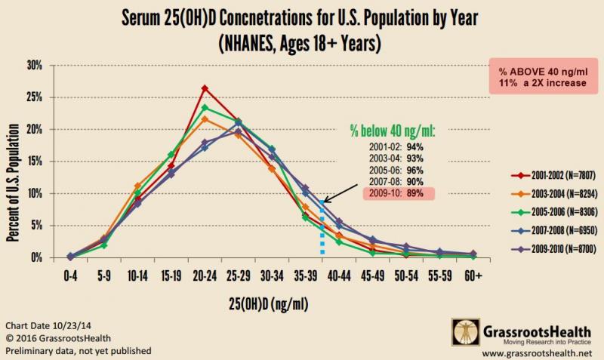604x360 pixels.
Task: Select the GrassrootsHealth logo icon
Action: coord(466,331)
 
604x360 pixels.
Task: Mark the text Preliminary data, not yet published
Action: coord(79,351)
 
